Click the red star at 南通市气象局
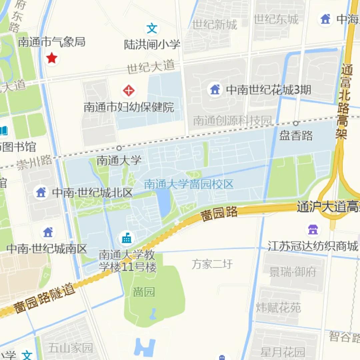point(52,58)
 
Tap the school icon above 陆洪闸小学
point(152,29)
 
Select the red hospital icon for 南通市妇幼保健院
point(129,90)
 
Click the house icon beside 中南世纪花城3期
point(215,89)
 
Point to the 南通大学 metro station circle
point(119,148)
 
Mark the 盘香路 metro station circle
point(295,123)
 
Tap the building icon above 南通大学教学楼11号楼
point(127,238)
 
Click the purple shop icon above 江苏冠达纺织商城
point(313,230)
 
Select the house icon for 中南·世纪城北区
point(41,192)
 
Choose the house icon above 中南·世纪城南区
point(48,232)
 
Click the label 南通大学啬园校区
point(189,184)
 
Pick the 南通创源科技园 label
point(232,121)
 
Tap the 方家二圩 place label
point(212,264)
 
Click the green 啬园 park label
point(144,292)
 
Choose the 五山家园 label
point(70,348)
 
